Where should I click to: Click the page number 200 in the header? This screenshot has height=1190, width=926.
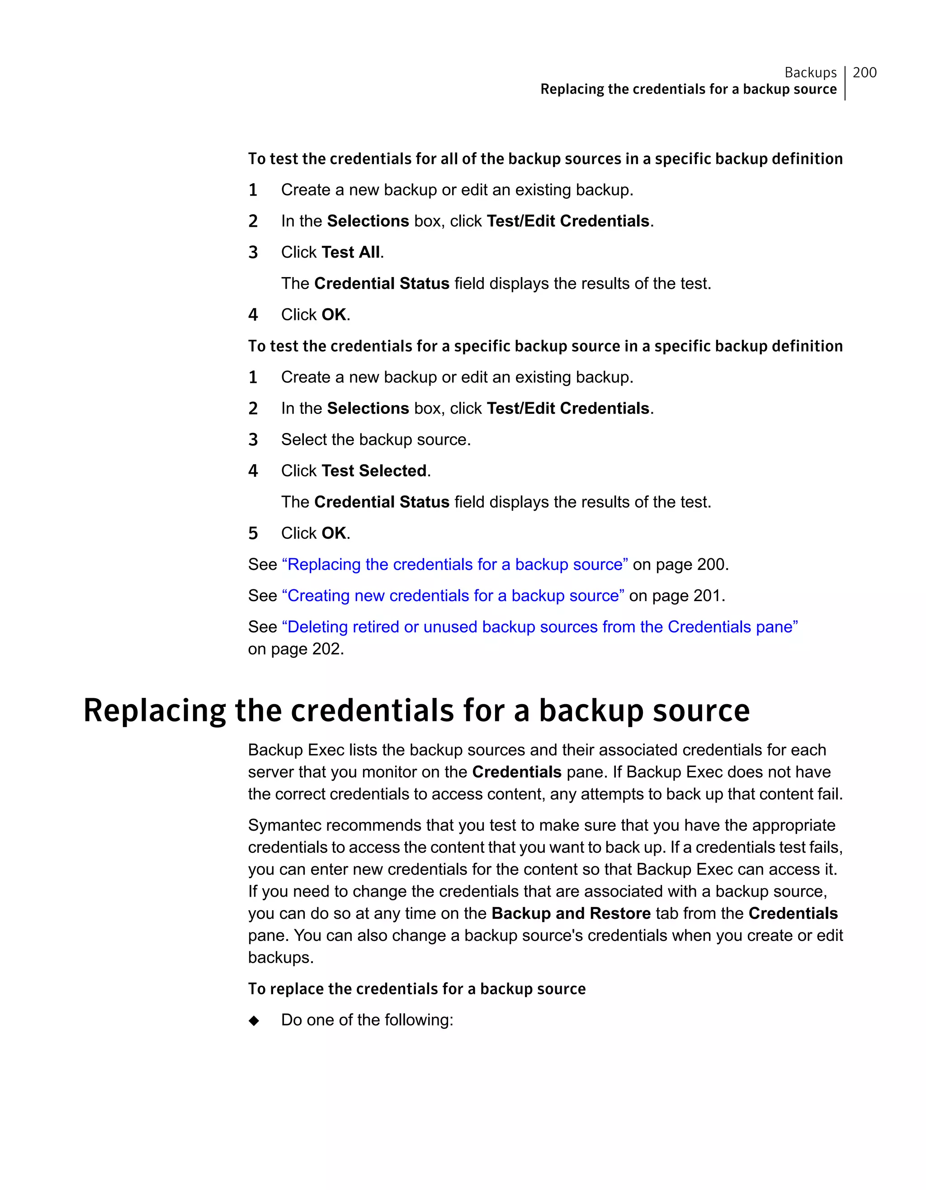pyautogui.click(x=865, y=72)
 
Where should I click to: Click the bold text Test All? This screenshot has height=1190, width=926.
pyautogui.click(x=350, y=252)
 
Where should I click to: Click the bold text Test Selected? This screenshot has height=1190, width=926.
pyautogui.click(x=374, y=471)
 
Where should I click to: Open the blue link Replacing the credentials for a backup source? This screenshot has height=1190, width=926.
pyautogui.click(x=454, y=564)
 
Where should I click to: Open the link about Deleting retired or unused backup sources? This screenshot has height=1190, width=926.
pyautogui.click(x=539, y=627)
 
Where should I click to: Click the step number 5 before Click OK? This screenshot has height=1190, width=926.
pyautogui.click(x=253, y=533)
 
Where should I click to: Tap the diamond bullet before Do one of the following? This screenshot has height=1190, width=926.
pyautogui.click(x=254, y=1021)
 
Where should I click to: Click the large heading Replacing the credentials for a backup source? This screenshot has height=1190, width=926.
pyautogui.click(x=416, y=710)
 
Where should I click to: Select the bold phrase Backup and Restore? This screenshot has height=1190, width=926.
pyautogui.click(x=571, y=914)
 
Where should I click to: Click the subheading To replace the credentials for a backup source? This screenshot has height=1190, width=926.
pyautogui.click(x=416, y=989)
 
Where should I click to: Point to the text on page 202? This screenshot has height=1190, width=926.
pyautogui.click(x=296, y=649)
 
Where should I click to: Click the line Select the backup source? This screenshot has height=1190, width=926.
pyautogui.click(x=376, y=440)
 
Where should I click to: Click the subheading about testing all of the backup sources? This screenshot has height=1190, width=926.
pyautogui.click(x=545, y=159)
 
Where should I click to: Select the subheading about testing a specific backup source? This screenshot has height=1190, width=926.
pyautogui.click(x=545, y=346)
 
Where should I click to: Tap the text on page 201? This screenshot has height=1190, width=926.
pyautogui.click(x=677, y=596)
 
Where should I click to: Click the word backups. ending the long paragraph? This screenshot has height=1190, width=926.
pyautogui.click(x=281, y=958)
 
